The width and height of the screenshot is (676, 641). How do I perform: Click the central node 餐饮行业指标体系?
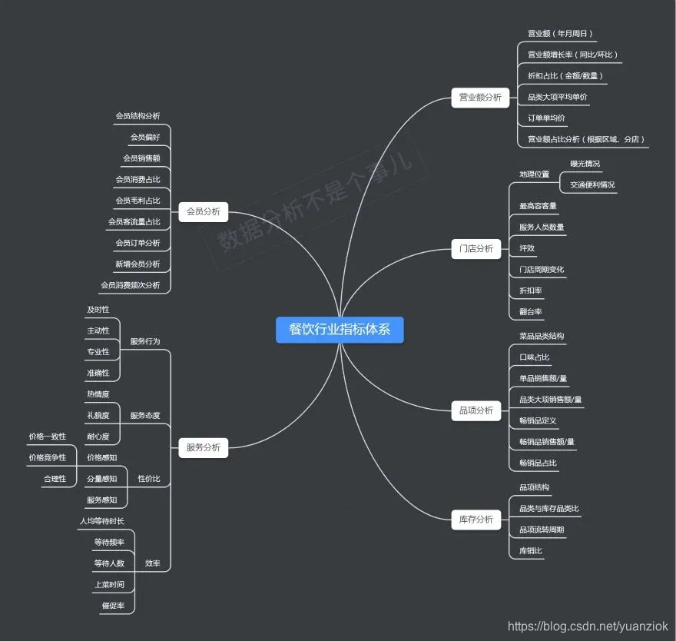(339, 329)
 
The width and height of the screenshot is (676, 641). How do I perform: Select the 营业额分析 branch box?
(480, 98)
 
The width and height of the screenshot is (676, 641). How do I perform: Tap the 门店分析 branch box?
(476, 249)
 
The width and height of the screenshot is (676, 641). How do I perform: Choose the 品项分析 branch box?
(476, 410)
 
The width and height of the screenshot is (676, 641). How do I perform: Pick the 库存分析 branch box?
(476, 520)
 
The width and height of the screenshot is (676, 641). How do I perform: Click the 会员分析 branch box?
(204, 211)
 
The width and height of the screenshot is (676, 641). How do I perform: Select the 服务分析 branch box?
(204, 447)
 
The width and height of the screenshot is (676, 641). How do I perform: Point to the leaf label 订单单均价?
(546, 118)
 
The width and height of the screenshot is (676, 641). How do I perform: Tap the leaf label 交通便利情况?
(591, 185)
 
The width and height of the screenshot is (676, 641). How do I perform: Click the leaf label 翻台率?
(531, 312)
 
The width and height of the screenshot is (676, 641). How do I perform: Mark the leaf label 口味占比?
(534, 357)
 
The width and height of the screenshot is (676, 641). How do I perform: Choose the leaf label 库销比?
(531, 551)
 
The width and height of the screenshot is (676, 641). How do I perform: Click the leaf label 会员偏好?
(145, 137)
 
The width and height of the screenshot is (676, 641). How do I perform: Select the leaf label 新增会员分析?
(138, 264)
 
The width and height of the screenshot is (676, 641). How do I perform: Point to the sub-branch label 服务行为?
(145, 341)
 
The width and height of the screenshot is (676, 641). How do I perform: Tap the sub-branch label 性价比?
(149, 479)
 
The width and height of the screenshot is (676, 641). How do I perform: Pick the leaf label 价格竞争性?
(48, 458)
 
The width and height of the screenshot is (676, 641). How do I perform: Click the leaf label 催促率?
(112, 606)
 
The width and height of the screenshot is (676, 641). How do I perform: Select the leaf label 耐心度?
(98, 437)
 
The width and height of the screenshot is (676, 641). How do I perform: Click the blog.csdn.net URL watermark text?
(588, 627)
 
